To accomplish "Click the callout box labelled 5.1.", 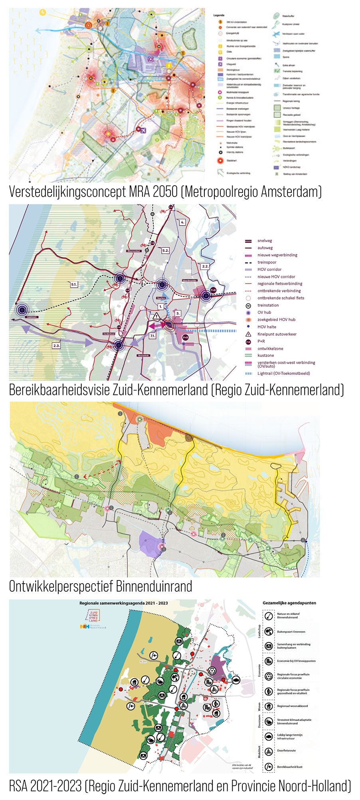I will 74,284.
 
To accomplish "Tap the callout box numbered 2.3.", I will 56,346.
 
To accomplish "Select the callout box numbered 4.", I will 182,222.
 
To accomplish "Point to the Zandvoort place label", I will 32,317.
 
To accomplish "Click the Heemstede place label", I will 143,355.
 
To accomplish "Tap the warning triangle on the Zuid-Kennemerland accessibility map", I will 156,316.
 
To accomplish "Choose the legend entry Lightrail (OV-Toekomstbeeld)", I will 283,373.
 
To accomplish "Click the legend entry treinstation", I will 268,305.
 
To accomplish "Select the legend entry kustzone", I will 265,355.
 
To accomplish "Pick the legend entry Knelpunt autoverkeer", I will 277,334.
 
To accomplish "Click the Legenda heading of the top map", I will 219,15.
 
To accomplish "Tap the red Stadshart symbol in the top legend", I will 220,161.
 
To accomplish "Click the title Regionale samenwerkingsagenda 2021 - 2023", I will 123,603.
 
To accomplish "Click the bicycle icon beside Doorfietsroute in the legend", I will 269,751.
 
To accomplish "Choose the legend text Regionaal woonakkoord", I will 292,706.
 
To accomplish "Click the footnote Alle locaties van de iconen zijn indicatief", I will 242,766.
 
